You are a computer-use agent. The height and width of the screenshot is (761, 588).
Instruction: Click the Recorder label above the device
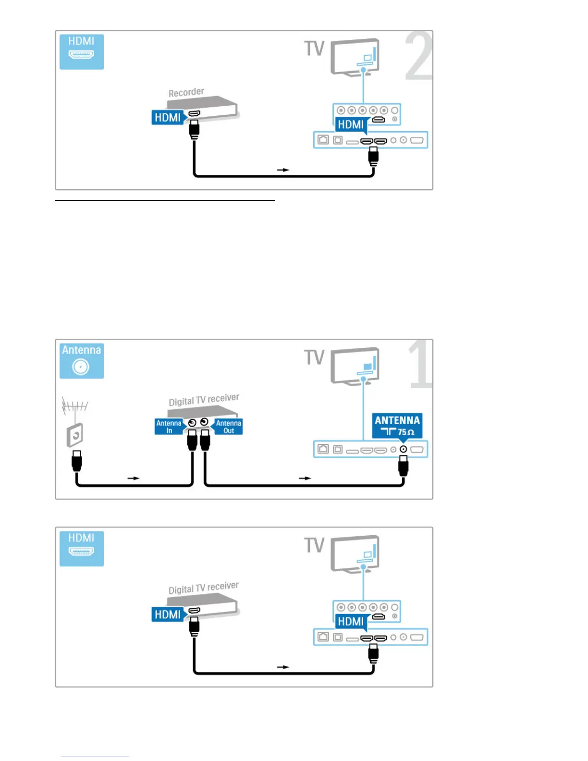coord(186,92)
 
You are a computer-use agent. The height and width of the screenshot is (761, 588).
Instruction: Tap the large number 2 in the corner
coord(418,57)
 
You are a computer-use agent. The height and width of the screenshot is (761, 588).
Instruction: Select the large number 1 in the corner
coord(421,364)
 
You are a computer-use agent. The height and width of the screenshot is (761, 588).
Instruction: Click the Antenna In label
coord(169,427)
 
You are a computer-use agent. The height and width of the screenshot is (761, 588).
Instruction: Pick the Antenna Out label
coord(229,427)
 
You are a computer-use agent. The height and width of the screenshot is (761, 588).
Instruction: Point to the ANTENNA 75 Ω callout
coord(397,426)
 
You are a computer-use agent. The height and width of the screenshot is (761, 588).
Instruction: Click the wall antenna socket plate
coord(75,435)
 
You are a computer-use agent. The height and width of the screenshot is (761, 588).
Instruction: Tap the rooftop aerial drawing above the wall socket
coord(75,406)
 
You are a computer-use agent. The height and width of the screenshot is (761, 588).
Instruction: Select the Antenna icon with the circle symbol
coord(81,361)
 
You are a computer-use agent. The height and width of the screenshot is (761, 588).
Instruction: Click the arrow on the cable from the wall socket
coord(133,478)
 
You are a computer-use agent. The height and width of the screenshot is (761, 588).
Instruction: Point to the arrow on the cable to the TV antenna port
coord(305,478)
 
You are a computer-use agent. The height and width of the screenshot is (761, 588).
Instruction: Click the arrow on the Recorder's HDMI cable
coord(283,170)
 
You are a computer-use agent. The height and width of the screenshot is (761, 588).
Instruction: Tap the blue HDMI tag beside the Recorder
coord(168,117)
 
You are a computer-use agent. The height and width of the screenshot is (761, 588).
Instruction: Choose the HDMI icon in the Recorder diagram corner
coord(81,51)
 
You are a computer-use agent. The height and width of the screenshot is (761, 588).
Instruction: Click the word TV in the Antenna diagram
coord(314,357)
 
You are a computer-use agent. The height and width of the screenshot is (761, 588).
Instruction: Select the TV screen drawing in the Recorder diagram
coord(355,57)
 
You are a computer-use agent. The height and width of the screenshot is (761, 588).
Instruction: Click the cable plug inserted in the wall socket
coord(76,461)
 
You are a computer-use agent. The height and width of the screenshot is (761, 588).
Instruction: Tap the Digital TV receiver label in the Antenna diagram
coord(204,399)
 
